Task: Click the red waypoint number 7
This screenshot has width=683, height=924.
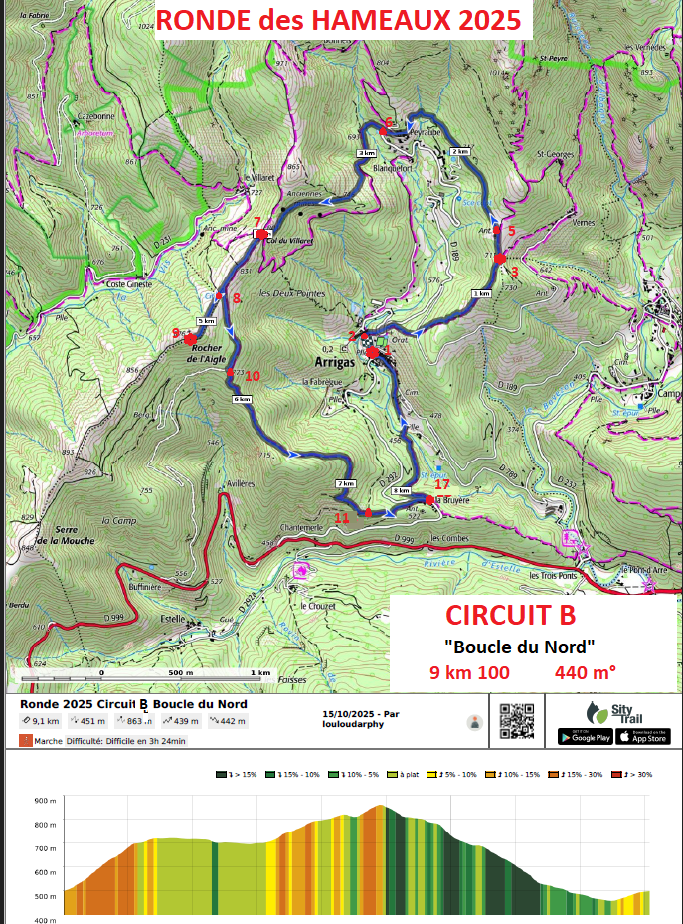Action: (256, 222)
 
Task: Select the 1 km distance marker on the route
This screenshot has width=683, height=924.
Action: (482, 294)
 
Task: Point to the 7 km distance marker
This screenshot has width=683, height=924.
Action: (346, 483)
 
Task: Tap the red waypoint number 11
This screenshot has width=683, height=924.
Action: (342, 517)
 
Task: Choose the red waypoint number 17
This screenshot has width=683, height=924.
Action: (442, 485)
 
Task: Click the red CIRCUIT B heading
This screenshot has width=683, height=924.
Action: (509, 612)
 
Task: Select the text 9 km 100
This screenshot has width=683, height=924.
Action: (469, 672)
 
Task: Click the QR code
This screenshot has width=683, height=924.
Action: (516, 721)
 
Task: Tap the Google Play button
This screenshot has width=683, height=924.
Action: (584, 736)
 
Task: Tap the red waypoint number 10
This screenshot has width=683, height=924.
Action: (252, 376)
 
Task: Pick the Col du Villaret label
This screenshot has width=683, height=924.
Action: (289, 241)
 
